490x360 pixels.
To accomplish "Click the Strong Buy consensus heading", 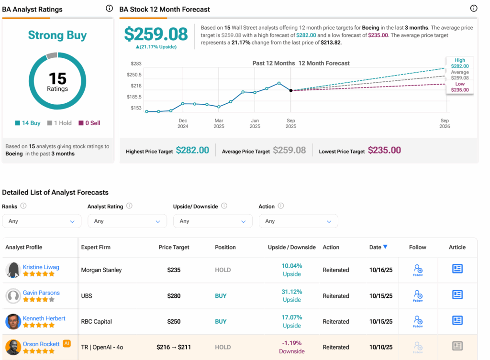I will tap(57, 35).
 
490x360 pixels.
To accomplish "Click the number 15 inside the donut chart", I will tap(57, 78).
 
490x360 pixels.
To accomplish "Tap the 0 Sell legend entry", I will tap(89, 123).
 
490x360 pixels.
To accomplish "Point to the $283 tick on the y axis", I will tap(136, 64).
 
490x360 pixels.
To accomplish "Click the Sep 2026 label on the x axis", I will tap(445, 123).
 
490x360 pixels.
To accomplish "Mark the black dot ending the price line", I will tap(291, 90).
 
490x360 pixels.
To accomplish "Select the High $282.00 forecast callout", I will tap(460, 63).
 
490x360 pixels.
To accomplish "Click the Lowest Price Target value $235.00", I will tap(385, 150).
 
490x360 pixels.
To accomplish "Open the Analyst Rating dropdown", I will tap(127, 221).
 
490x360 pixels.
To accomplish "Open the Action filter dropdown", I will tap(298, 221).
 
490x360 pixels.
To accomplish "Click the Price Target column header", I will tap(174, 247).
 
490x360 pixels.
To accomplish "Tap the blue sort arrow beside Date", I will tap(385, 247).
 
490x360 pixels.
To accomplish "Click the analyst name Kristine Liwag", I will tap(41, 267).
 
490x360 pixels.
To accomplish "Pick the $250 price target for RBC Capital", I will tap(174, 321).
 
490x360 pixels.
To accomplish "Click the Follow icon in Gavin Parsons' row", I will tap(418, 296).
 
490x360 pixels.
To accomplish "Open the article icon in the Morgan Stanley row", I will tap(457, 269).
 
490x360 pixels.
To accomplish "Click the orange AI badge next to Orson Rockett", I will tap(67, 343).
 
